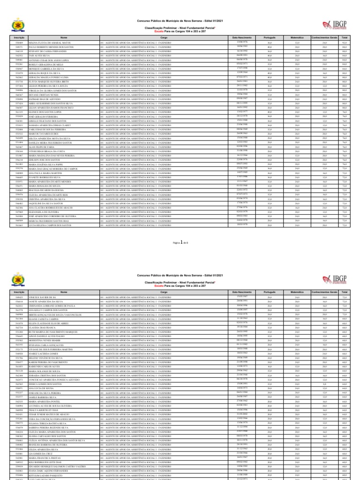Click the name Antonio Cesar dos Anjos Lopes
click(x=46, y=60)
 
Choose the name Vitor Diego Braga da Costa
click(x=44, y=151)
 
